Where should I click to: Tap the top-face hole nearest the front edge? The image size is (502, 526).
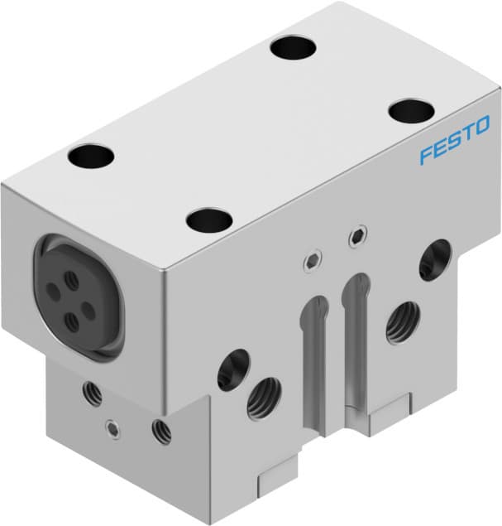[208, 220]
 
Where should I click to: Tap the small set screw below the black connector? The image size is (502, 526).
[112, 428]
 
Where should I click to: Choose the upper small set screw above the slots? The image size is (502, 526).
[356, 237]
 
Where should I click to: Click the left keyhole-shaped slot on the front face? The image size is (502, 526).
[312, 348]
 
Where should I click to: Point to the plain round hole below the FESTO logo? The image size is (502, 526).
[434, 259]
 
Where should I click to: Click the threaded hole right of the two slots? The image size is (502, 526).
[402, 321]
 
